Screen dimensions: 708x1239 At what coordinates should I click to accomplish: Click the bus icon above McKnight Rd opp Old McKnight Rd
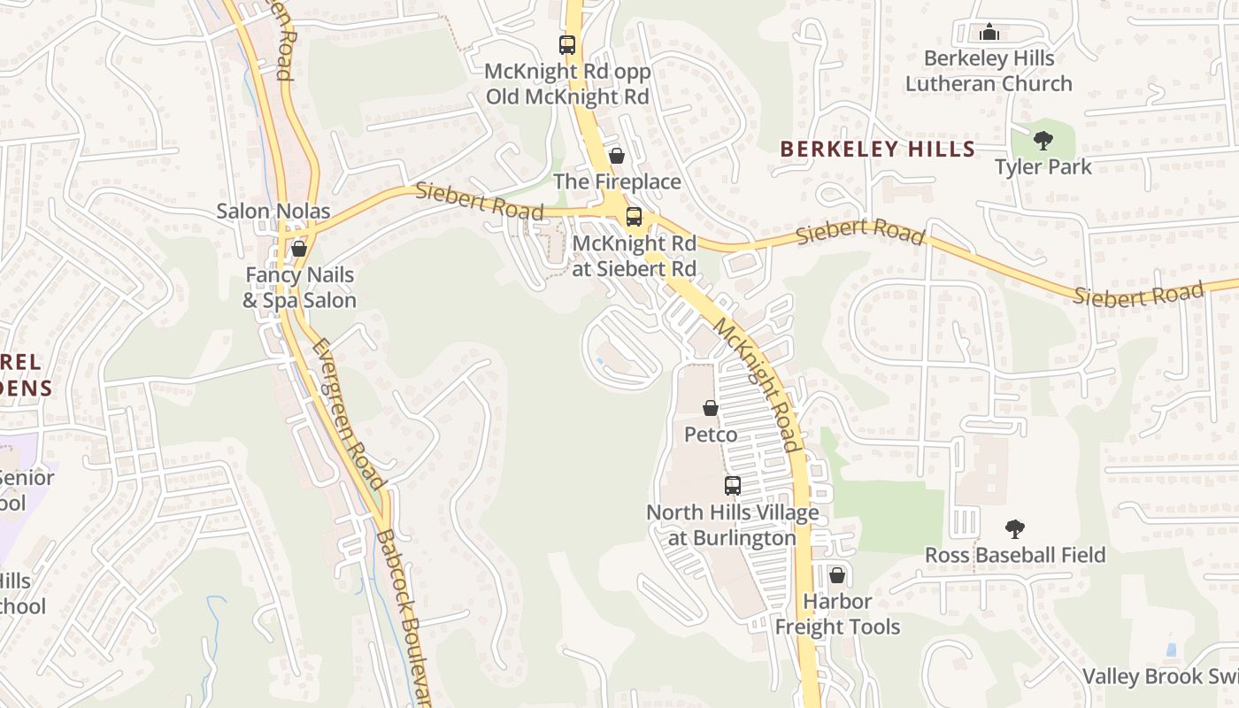click(x=567, y=44)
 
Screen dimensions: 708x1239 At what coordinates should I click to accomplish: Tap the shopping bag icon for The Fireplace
click(x=617, y=156)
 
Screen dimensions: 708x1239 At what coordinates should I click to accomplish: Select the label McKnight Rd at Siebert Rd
click(x=635, y=256)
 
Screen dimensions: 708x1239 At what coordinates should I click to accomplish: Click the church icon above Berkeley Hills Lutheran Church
click(x=989, y=33)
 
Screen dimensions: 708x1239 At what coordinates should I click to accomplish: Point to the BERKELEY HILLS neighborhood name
click(x=877, y=149)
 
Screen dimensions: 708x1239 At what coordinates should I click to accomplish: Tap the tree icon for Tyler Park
click(x=1043, y=140)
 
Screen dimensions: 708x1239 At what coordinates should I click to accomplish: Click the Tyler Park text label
click(x=1043, y=166)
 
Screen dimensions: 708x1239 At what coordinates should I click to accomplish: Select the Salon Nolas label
click(x=273, y=212)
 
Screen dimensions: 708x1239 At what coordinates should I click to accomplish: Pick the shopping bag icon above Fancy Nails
click(x=299, y=249)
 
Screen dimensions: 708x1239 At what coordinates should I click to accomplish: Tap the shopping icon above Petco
click(x=711, y=408)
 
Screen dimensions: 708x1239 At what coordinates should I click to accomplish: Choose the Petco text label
click(x=711, y=435)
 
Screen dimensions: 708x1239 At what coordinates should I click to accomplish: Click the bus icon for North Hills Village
click(x=733, y=485)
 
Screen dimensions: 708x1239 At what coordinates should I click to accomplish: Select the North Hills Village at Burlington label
click(x=733, y=525)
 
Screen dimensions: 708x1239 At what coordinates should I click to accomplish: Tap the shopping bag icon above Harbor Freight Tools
click(x=837, y=576)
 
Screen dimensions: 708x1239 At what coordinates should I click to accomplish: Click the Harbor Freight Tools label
click(x=837, y=614)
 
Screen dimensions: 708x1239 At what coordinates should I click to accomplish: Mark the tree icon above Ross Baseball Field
click(x=1015, y=529)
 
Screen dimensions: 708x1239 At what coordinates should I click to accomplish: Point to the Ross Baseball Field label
click(x=1015, y=555)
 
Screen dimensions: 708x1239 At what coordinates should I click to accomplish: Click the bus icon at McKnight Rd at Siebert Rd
click(x=634, y=217)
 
